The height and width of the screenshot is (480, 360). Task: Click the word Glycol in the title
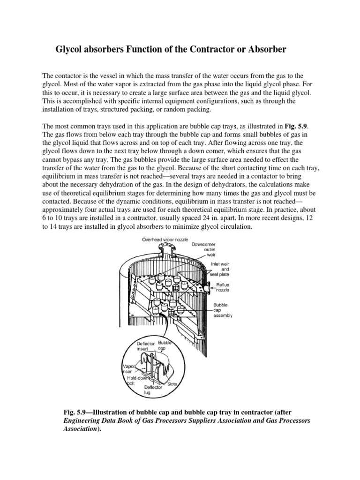(x=70, y=49)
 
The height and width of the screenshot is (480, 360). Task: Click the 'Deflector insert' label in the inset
(x=145, y=346)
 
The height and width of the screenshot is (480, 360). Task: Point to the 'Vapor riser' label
(x=129, y=368)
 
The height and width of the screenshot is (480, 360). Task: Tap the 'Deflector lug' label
(x=153, y=390)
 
